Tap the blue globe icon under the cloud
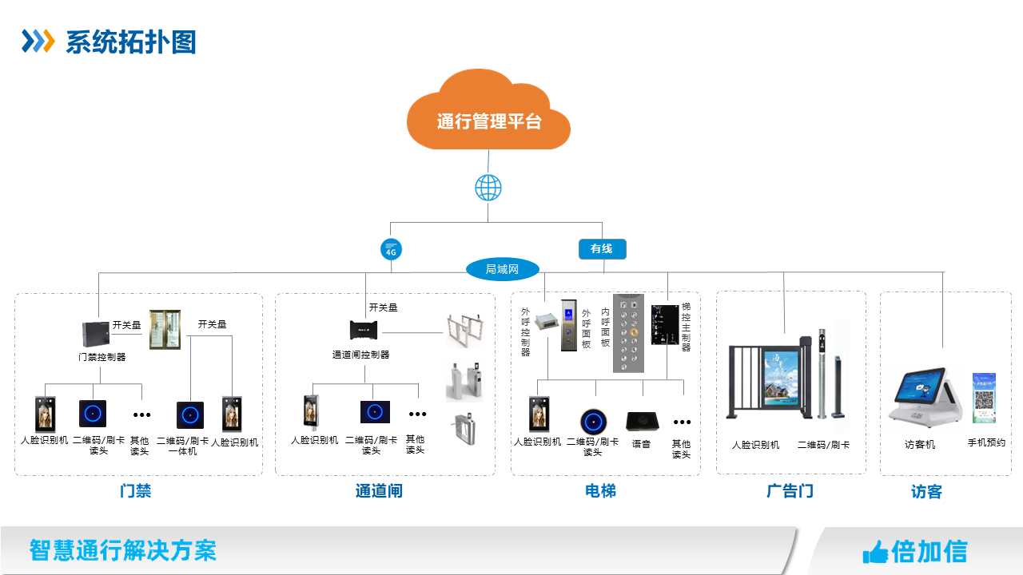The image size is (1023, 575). pyautogui.click(x=488, y=188)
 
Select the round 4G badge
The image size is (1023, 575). pyautogui.click(x=391, y=249)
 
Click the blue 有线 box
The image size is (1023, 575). pyautogui.click(x=602, y=249)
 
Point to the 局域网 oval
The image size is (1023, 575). pyautogui.click(x=502, y=270)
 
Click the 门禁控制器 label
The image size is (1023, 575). pyautogui.click(x=102, y=357)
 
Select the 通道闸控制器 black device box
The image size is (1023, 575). pyautogui.click(x=368, y=329)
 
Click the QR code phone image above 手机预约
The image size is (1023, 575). pyautogui.click(x=984, y=398)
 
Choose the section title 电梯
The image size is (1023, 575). pyautogui.click(x=600, y=490)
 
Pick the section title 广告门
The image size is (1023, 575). pyautogui.click(x=790, y=490)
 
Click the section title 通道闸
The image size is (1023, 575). pyautogui.click(x=379, y=490)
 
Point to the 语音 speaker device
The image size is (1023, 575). pyautogui.click(x=641, y=420)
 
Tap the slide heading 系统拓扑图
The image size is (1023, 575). pyautogui.click(x=130, y=42)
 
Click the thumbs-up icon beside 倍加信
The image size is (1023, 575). pyautogui.click(x=875, y=551)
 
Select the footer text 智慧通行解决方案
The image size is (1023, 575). pyautogui.click(x=122, y=550)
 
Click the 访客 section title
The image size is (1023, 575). pyautogui.click(x=926, y=492)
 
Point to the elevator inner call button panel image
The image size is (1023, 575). pyautogui.click(x=628, y=333)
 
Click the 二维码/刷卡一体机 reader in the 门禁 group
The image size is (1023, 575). pyautogui.click(x=190, y=415)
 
